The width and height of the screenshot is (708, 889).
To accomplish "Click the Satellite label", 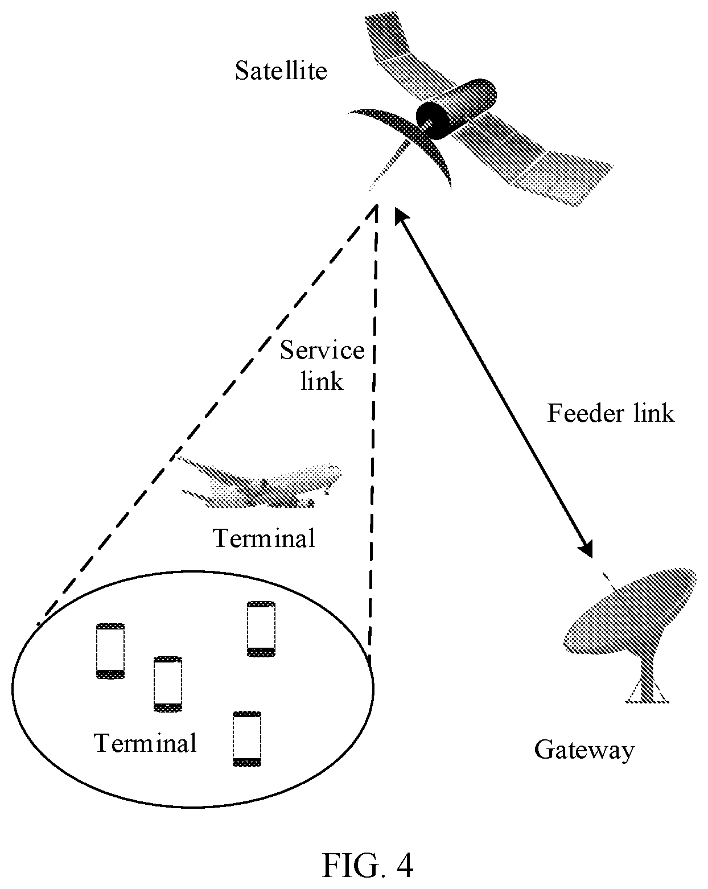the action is coord(281,71).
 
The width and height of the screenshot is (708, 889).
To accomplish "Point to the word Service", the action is coord(322,351).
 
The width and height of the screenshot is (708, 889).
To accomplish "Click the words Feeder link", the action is coord(611,413).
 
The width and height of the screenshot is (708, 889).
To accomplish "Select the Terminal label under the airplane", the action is coord(264,538).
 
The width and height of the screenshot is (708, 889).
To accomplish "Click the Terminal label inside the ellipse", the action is coord(145,743).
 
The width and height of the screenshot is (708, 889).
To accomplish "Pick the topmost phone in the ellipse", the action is coord(261,629).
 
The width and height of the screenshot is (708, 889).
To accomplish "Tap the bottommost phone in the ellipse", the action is coord(247,739).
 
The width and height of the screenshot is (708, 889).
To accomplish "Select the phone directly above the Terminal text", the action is coord(168,684).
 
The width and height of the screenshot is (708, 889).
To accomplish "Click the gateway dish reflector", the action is coord(631,611).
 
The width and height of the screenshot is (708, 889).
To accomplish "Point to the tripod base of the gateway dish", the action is coord(647,693).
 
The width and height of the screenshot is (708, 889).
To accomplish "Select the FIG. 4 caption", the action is coord(368,866).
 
